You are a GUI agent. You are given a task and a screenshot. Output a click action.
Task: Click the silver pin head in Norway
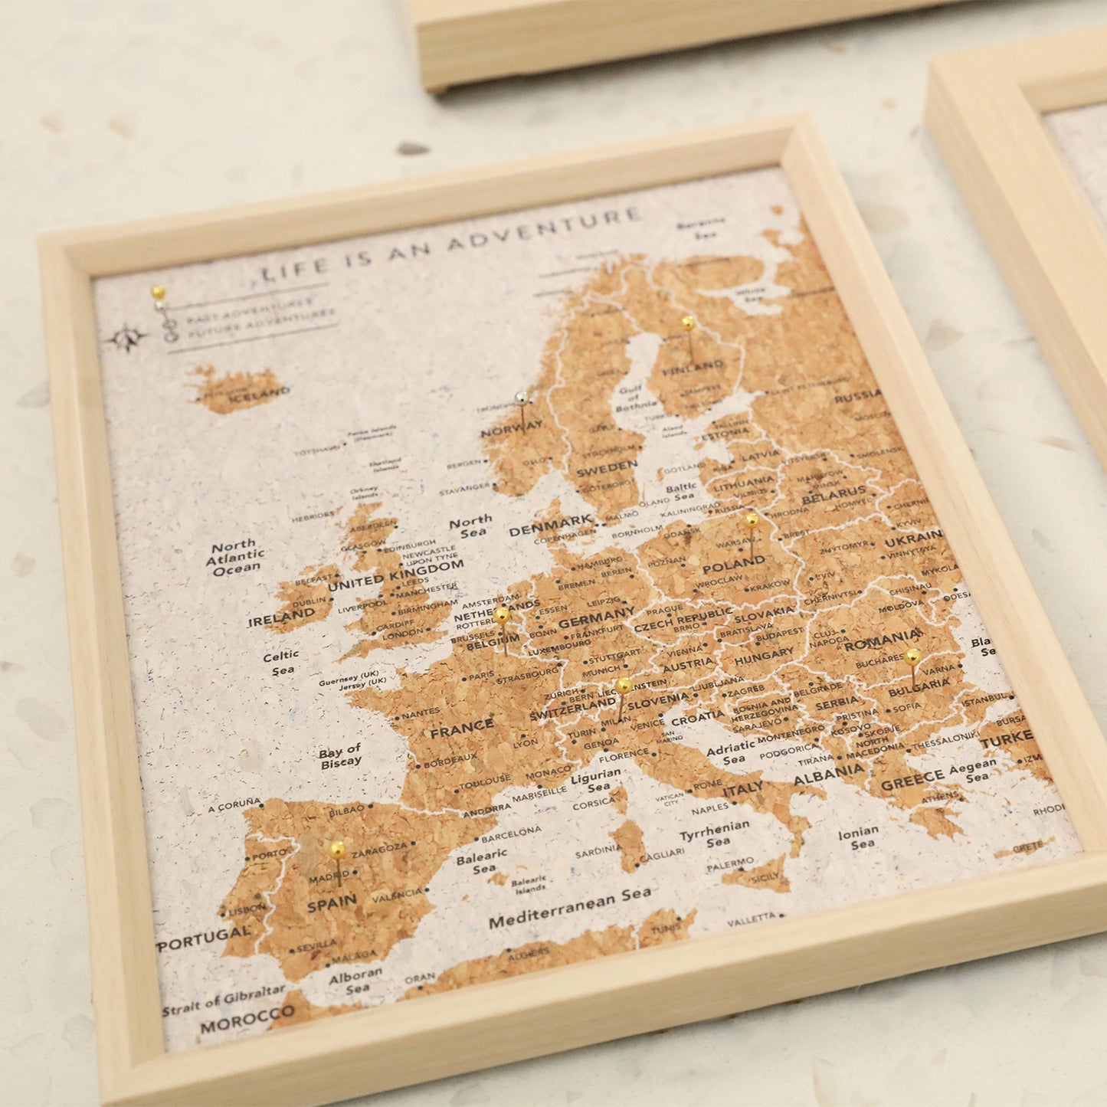[522, 397]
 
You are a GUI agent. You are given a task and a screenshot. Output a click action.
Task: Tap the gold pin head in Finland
[687, 323]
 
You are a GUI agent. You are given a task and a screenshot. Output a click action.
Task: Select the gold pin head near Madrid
[336, 848]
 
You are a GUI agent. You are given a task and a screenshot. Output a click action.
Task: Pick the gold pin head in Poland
[752, 520]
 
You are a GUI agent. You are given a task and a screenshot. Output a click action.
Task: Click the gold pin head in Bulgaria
[912, 656]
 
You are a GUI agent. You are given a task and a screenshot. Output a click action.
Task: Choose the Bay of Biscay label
[340, 755]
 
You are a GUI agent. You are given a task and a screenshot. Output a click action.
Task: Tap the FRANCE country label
[461, 729]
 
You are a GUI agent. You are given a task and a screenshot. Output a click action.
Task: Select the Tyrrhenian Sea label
[715, 834]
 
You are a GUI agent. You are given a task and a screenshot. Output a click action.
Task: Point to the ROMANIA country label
[883, 640]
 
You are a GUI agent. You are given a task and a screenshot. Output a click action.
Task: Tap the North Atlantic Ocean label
[235, 558]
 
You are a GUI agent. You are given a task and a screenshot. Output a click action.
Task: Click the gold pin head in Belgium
[501, 614]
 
